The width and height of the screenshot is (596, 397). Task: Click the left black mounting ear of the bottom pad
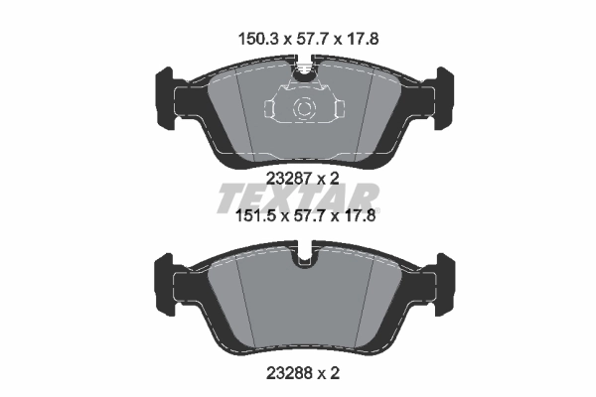(165, 282)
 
